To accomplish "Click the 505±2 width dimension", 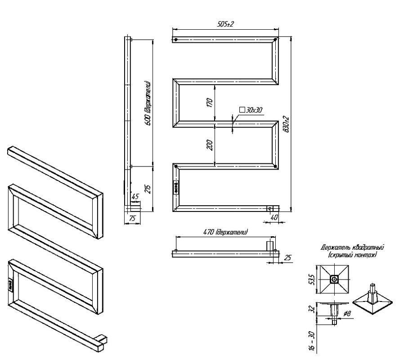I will click(226, 24).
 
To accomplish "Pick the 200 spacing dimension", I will click(209, 145).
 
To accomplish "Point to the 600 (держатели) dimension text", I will click(147, 103).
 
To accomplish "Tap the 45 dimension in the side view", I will click(134, 196).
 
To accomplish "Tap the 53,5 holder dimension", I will click(311, 279).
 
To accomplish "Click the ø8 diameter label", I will click(347, 313).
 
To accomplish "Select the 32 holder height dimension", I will click(311, 310).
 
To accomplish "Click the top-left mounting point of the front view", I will click(175, 40).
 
